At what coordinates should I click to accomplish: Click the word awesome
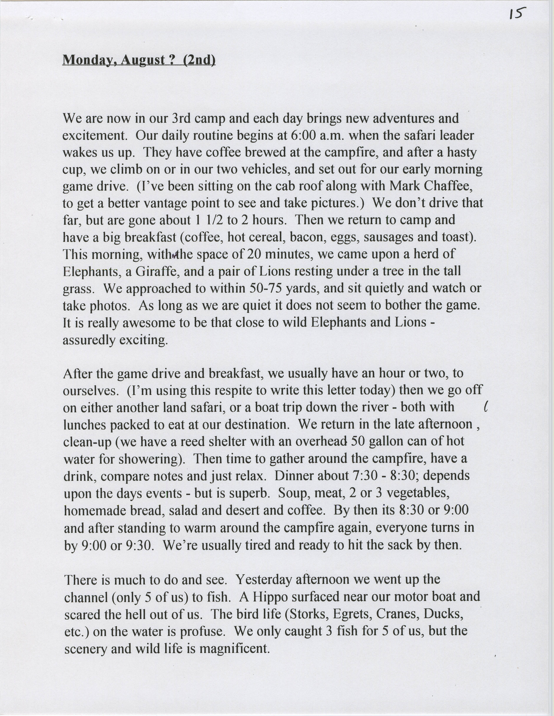click(x=149, y=323)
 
